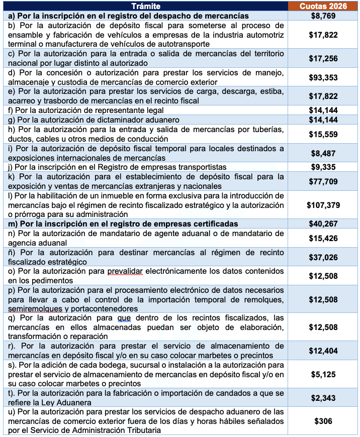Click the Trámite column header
(x=146, y=6)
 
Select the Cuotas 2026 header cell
(x=323, y=6)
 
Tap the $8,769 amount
(x=323, y=16)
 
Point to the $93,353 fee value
(x=323, y=77)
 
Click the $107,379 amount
(x=323, y=205)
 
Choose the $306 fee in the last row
(x=323, y=421)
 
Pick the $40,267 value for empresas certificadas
(x=323, y=224)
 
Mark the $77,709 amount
(x=323, y=181)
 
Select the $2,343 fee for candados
(x=323, y=397)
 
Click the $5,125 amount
(x=323, y=374)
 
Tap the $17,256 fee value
(x=323, y=58)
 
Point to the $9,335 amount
(x=323, y=167)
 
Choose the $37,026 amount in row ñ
(x=323, y=257)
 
